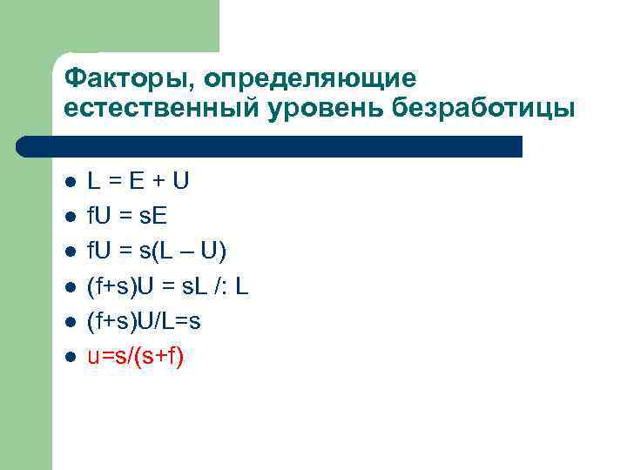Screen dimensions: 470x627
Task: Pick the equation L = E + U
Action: [138, 181]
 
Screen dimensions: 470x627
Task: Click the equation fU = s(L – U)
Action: [157, 252]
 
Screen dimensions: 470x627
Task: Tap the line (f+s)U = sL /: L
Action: [168, 286]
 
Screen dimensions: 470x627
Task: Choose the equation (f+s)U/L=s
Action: [144, 321]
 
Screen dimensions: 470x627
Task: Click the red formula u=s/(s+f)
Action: [135, 357]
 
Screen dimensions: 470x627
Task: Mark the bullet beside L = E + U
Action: [71, 182]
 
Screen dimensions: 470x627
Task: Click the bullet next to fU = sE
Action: [71, 217]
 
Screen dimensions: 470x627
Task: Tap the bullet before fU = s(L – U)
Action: [71, 252]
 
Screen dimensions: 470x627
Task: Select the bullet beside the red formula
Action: [71, 357]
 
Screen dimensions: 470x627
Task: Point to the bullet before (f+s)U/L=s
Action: [71, 322]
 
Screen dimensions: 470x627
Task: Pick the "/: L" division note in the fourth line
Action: [231, 286]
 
